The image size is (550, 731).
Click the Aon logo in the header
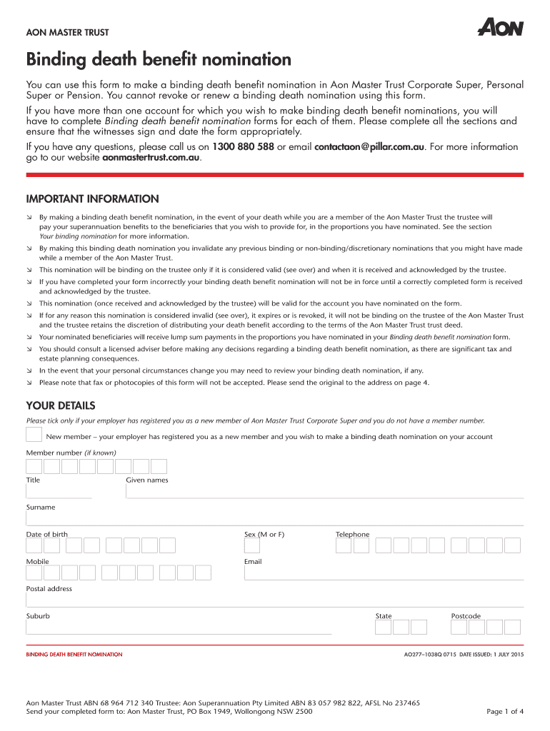[x=500, y=28]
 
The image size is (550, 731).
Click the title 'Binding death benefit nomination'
[x=159, y=59]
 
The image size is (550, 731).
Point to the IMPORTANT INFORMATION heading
[x=93, y=199]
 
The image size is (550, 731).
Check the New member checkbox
[x=34, y=435]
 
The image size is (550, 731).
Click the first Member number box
[x=34, y=467]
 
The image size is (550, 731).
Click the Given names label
[x=147, y=480]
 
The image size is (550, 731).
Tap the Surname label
[x=41, y=508]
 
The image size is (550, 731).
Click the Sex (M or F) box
[x=252, y=545]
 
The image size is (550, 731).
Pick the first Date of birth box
[x=34, y=545]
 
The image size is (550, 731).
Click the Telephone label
[x=353, y=535]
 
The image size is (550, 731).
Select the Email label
[x=253, y=562]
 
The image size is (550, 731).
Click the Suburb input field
[x=179, y=627]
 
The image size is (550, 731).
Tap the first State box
[x=384, y=627]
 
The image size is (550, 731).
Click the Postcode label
[x=466, y=616]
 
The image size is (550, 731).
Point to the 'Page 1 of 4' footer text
[x=505, y=711]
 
